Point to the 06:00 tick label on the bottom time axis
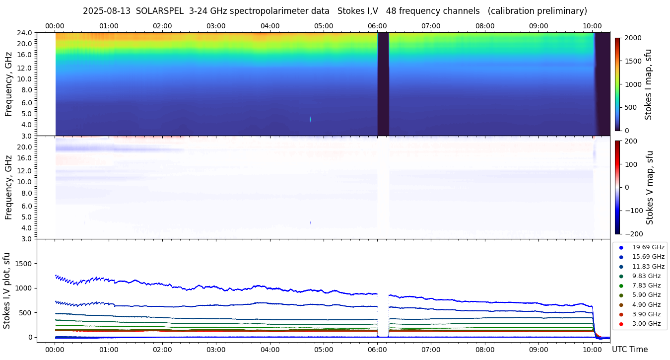[377, 349]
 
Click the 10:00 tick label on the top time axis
[592, 26]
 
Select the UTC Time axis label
[629, 350]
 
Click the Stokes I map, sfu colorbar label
[648, 84]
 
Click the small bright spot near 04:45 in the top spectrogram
[311, 119]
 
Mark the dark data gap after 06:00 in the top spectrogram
[383, 84]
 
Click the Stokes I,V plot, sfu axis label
[7, 290]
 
